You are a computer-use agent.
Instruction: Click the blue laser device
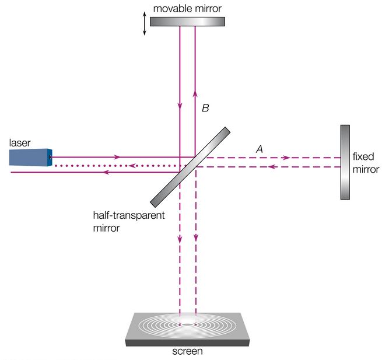point(29,158)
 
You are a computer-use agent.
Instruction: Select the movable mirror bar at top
point(187,21)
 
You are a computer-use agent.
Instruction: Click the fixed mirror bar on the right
point(345,162)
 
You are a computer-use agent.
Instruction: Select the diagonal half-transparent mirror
point(190,167)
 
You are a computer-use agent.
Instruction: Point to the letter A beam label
point(260,149)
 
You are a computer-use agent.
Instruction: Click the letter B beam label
point(205,108)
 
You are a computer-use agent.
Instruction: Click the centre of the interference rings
point(188,323)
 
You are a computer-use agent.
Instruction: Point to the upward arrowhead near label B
point(195,94)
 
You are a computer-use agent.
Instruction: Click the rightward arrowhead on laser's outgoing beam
point(118,157)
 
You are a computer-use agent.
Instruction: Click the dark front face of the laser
point(50,158)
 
